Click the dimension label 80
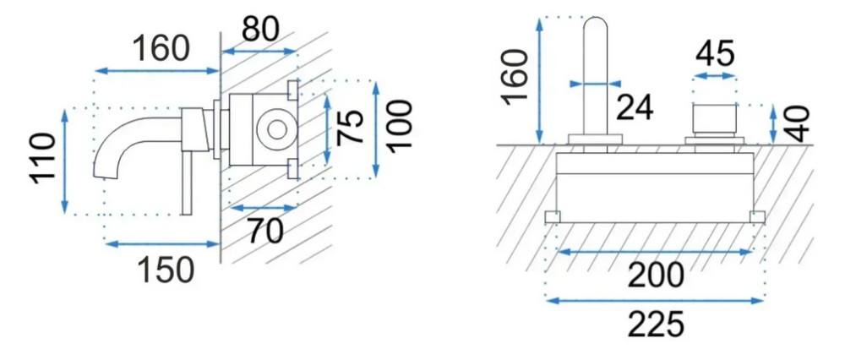260,29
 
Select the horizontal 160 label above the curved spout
161,48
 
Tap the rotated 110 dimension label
43,159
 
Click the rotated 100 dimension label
400,127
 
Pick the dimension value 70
265,232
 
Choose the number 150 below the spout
166,270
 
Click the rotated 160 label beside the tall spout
514,75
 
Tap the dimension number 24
635,107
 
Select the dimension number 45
715,53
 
